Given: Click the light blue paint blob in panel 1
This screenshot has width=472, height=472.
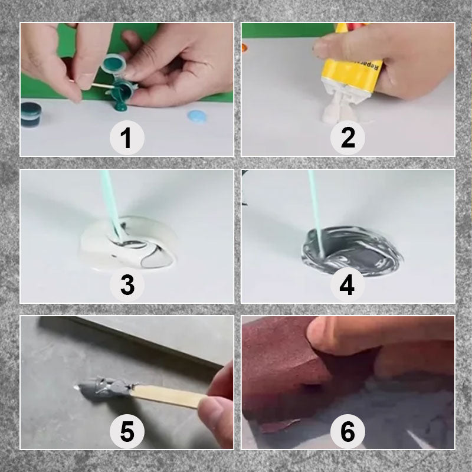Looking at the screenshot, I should coord(198,116).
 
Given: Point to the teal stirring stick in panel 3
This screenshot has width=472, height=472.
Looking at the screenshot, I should coord(111,201).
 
